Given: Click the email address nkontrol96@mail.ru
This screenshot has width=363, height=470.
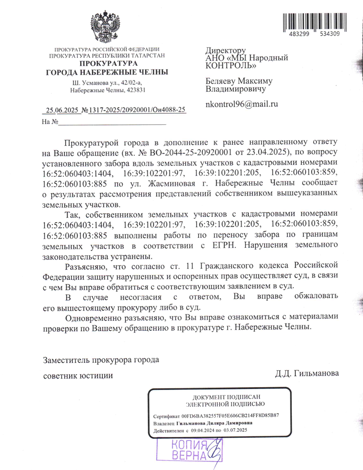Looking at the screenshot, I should pyautogui.click(x=242, y=104).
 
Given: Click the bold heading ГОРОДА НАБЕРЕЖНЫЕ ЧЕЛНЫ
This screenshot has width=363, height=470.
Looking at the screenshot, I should pyautogui.click(x=107, y=73).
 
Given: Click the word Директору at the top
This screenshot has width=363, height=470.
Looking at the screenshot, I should pyautogui.click(x=226, y=50).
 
